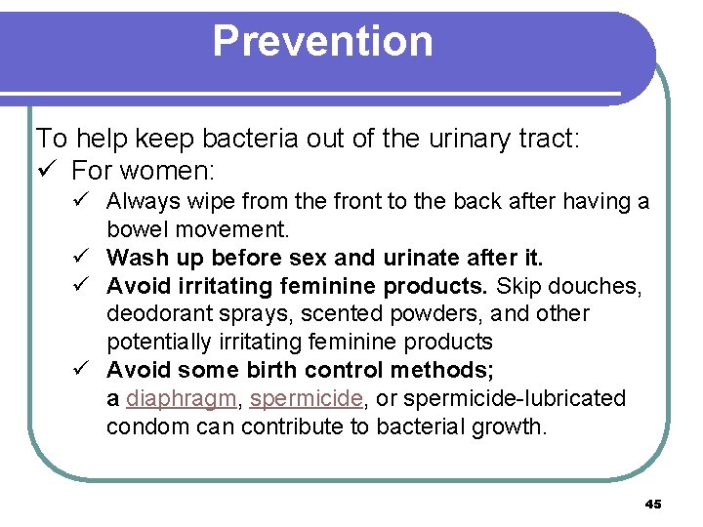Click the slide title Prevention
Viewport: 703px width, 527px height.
tap(322, 41)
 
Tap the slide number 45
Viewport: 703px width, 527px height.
tap(653, 504)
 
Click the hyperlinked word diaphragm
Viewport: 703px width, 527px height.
tap(182, 399)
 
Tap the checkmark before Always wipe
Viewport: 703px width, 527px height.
tap(87, 202)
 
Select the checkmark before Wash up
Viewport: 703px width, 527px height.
tap(87, 259)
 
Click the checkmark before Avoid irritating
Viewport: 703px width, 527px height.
tap(87, 286)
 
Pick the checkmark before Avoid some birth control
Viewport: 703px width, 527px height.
tap(87, 371)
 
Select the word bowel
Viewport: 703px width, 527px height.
tap(138, 230)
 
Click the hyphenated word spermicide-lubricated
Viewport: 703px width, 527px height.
tap(515, 399)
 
